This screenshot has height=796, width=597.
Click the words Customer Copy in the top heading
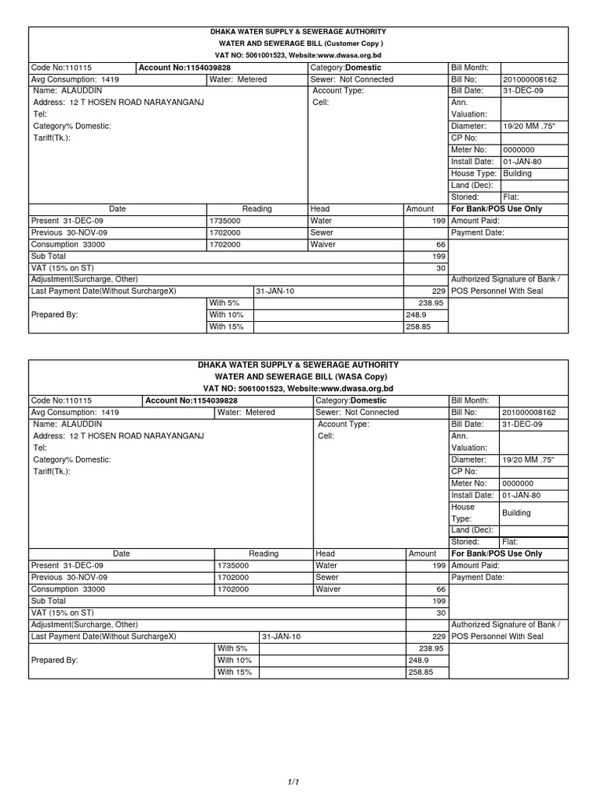[354, 44]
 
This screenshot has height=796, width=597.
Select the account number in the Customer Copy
[184, 68]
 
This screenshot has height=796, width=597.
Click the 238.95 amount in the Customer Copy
[431, 302]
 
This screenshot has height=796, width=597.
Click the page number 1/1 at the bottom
[294, 782]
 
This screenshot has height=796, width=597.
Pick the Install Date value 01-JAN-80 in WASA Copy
[522, 495]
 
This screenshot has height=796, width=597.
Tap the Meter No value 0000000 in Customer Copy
[518, 150]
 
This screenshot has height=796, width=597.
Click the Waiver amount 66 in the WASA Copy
[441, 589]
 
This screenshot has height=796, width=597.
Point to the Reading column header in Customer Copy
[257, 209]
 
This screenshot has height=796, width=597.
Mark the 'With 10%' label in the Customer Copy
[226, 315]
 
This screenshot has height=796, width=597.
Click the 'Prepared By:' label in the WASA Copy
[55, 660]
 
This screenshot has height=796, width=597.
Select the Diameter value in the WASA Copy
[529, 460]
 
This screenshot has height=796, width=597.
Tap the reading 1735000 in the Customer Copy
[225, 221]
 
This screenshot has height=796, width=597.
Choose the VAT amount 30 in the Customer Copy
[441, 267]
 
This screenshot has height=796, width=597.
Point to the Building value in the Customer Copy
[517, 173]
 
